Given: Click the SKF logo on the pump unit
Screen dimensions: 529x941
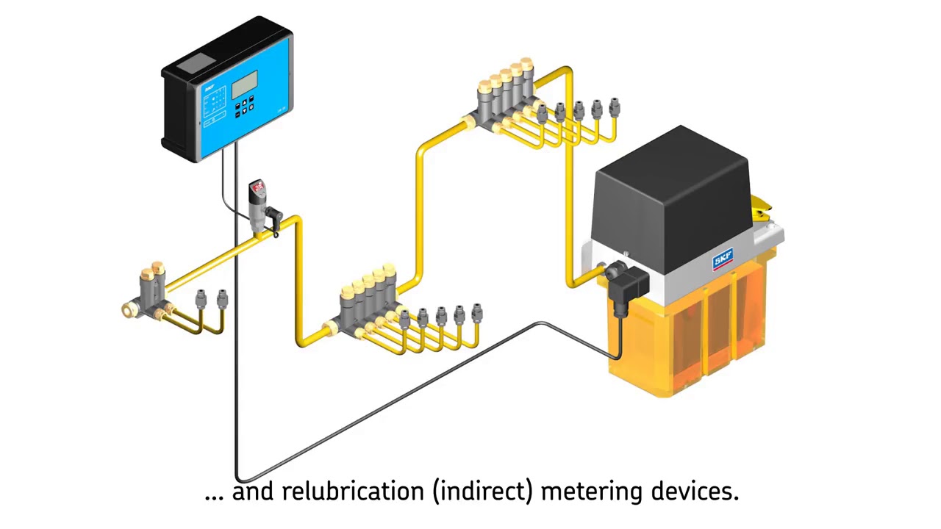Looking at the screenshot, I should click(x=723, y=260).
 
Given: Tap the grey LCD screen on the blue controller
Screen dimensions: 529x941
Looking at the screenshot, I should click(x=244, y=84).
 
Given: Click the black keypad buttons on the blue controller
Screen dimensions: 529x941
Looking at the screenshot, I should click(x=244, y=107).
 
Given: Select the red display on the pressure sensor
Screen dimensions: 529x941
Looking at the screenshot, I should click(x=258, y=188).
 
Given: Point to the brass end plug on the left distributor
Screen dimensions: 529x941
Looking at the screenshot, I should click(x=129, y=309).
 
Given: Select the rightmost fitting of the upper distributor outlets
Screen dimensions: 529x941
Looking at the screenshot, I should click(x=614, y=109).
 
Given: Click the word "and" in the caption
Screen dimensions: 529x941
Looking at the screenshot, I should click(x=254, y=491).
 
